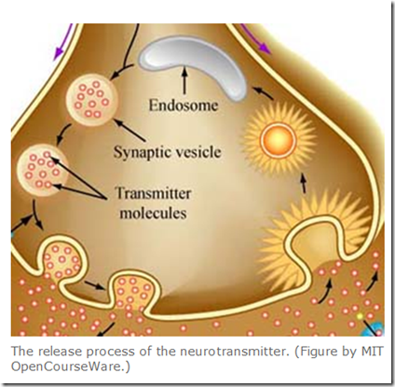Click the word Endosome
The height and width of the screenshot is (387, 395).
tap(184, 105)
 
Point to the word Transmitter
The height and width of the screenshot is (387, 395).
tap(153, 193)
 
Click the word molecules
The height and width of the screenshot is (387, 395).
tap(153, 214)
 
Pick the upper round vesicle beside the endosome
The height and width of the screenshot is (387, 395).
tap(92, 100)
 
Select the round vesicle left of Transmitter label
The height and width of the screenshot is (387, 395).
tap(43, 171)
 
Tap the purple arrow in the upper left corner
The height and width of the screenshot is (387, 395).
tap(63, 42)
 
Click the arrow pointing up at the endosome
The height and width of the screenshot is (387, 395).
tap(185, 80)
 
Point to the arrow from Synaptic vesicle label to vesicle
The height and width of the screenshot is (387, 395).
tap(129, 130)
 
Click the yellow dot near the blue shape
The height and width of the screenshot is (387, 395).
tap(360, 316)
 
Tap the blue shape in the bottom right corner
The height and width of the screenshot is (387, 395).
tap(376, 329)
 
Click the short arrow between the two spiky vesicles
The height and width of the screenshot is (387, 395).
tap(304, 183)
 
